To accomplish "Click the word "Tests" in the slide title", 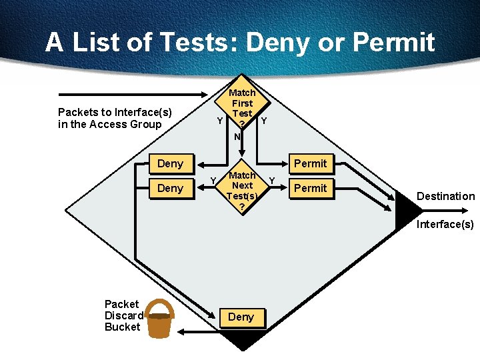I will tap(197, 42).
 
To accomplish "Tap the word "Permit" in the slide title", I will tap(393, 42).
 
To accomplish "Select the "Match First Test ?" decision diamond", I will tap(242, 109).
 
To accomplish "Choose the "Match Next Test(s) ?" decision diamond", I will tap(241, 191).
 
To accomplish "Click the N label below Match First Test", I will tap(237, 137).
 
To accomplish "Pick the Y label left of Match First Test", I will tap(219, 121).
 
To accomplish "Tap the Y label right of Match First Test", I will tap(265, 121).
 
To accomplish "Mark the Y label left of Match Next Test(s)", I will tap(213, 181).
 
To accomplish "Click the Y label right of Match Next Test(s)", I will tap(271, 180).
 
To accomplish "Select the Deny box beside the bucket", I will tap(241, 317).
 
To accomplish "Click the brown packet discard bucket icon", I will tap(159, 322).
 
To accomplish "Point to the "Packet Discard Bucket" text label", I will tap(123, 315).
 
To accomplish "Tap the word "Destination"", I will tap(445, 196).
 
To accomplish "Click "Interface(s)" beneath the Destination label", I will tap(445, 224).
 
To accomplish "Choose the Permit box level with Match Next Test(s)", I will tap(311, 188).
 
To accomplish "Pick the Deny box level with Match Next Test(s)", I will tap(170, 188).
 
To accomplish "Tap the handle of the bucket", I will tap(160, 305).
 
